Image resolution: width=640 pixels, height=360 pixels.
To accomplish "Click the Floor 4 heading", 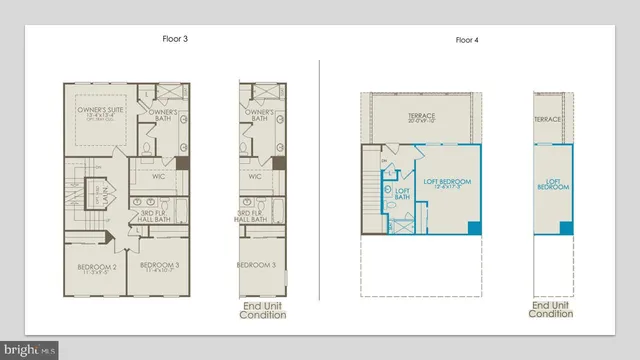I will pos(468,40).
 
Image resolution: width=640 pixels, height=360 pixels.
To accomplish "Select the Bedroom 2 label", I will pos(97,268).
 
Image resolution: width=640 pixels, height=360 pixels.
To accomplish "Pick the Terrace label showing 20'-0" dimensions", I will pos(421,119).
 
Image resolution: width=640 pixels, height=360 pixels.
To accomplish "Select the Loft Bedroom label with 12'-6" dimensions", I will pos(446,182).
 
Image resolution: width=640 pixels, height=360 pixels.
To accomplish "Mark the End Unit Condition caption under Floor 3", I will pos(263,310).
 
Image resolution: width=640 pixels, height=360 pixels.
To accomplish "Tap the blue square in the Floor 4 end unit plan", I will pos(566,229).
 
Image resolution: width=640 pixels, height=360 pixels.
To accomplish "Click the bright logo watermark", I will pos(29,350).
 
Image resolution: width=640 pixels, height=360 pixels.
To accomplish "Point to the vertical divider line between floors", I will pos(319,180).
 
